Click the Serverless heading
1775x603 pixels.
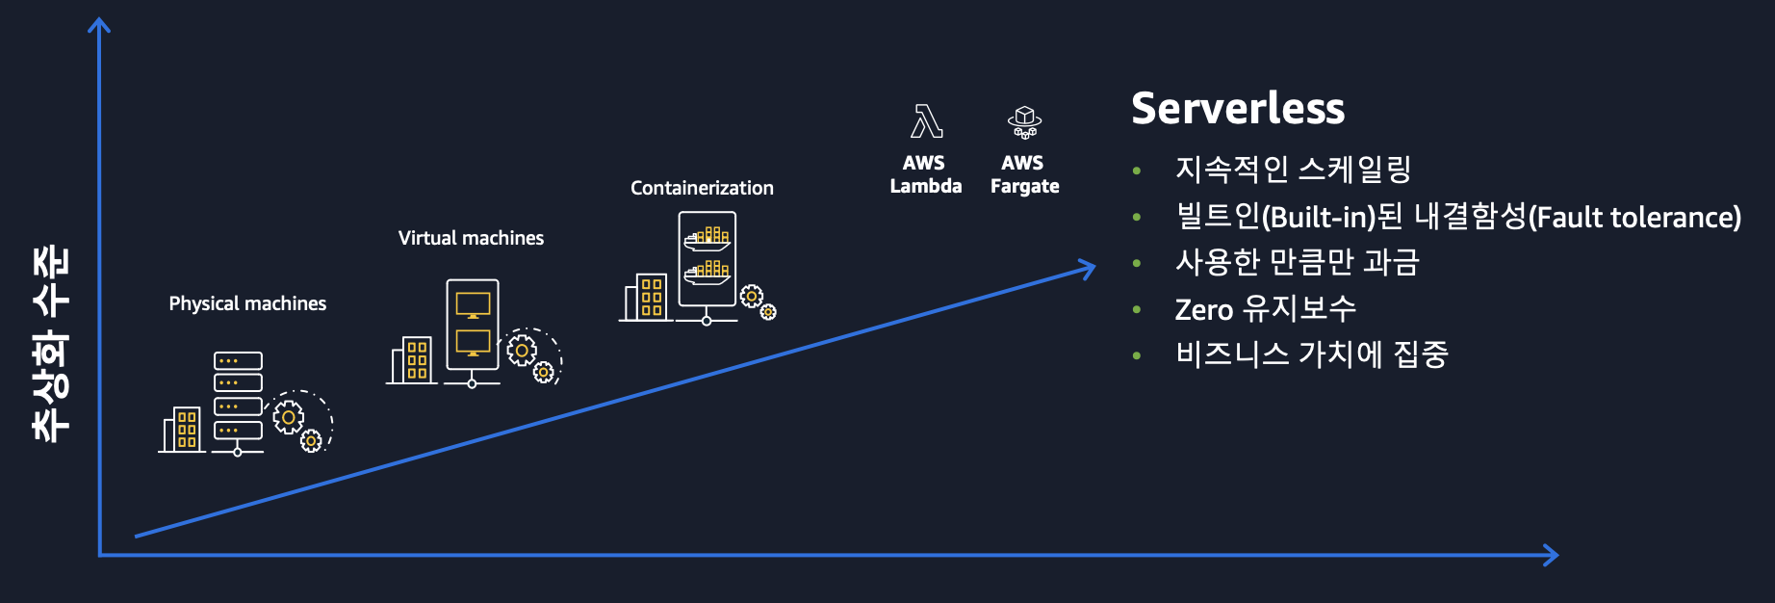1238,109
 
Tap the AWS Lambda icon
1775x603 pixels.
926,121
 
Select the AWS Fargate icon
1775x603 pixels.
1024,122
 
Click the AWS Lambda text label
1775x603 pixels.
925,174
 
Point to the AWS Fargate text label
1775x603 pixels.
1024,174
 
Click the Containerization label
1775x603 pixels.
702,188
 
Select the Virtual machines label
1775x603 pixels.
471,238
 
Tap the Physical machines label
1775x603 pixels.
247,303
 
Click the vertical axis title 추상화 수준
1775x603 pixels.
51,344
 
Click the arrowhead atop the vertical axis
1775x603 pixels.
99,25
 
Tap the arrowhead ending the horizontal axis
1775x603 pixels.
1550,555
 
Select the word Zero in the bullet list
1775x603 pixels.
1203,309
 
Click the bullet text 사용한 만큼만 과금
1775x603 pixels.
1297,262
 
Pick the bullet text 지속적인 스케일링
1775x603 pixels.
1292,170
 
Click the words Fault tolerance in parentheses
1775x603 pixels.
1636,218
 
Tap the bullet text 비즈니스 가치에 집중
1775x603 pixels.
1311,354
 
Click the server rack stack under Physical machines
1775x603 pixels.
238,397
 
